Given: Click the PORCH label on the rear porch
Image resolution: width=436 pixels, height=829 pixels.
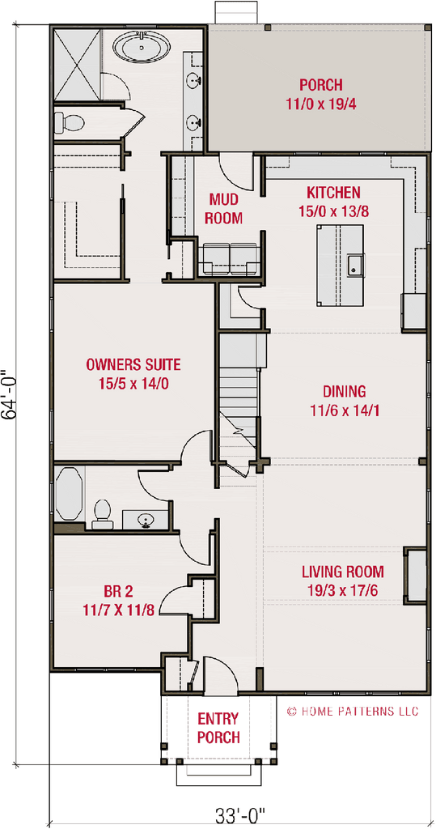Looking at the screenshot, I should pyautogui.click(x=320, y=85).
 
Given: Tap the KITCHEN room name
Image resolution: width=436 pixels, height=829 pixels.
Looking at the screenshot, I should pyautogui.click(x=332, y=193).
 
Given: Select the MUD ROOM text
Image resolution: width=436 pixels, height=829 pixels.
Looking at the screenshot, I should pyautogui.click(x=223, y=208).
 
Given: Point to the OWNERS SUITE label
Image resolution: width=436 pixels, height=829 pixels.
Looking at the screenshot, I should pyautogui.click(x=133, y=364).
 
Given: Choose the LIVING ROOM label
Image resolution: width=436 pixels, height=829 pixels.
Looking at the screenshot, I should pyautogui.click(x=343, y=572).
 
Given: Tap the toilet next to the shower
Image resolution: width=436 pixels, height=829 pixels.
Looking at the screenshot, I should pyautogui.click(x=70, y=123).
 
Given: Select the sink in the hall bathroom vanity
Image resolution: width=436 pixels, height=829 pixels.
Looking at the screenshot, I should pyautogui.click(x=146, y=519).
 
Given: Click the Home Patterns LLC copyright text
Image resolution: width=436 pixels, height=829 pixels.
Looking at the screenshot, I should pyautogui.click(x=353, y=712).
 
